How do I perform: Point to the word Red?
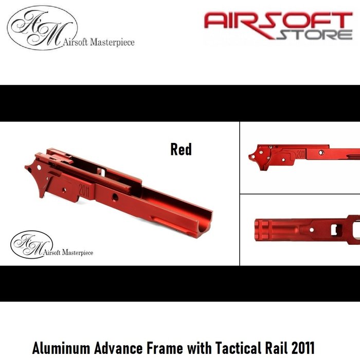pos(181,150)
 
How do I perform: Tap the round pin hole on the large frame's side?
pos(114,197)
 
